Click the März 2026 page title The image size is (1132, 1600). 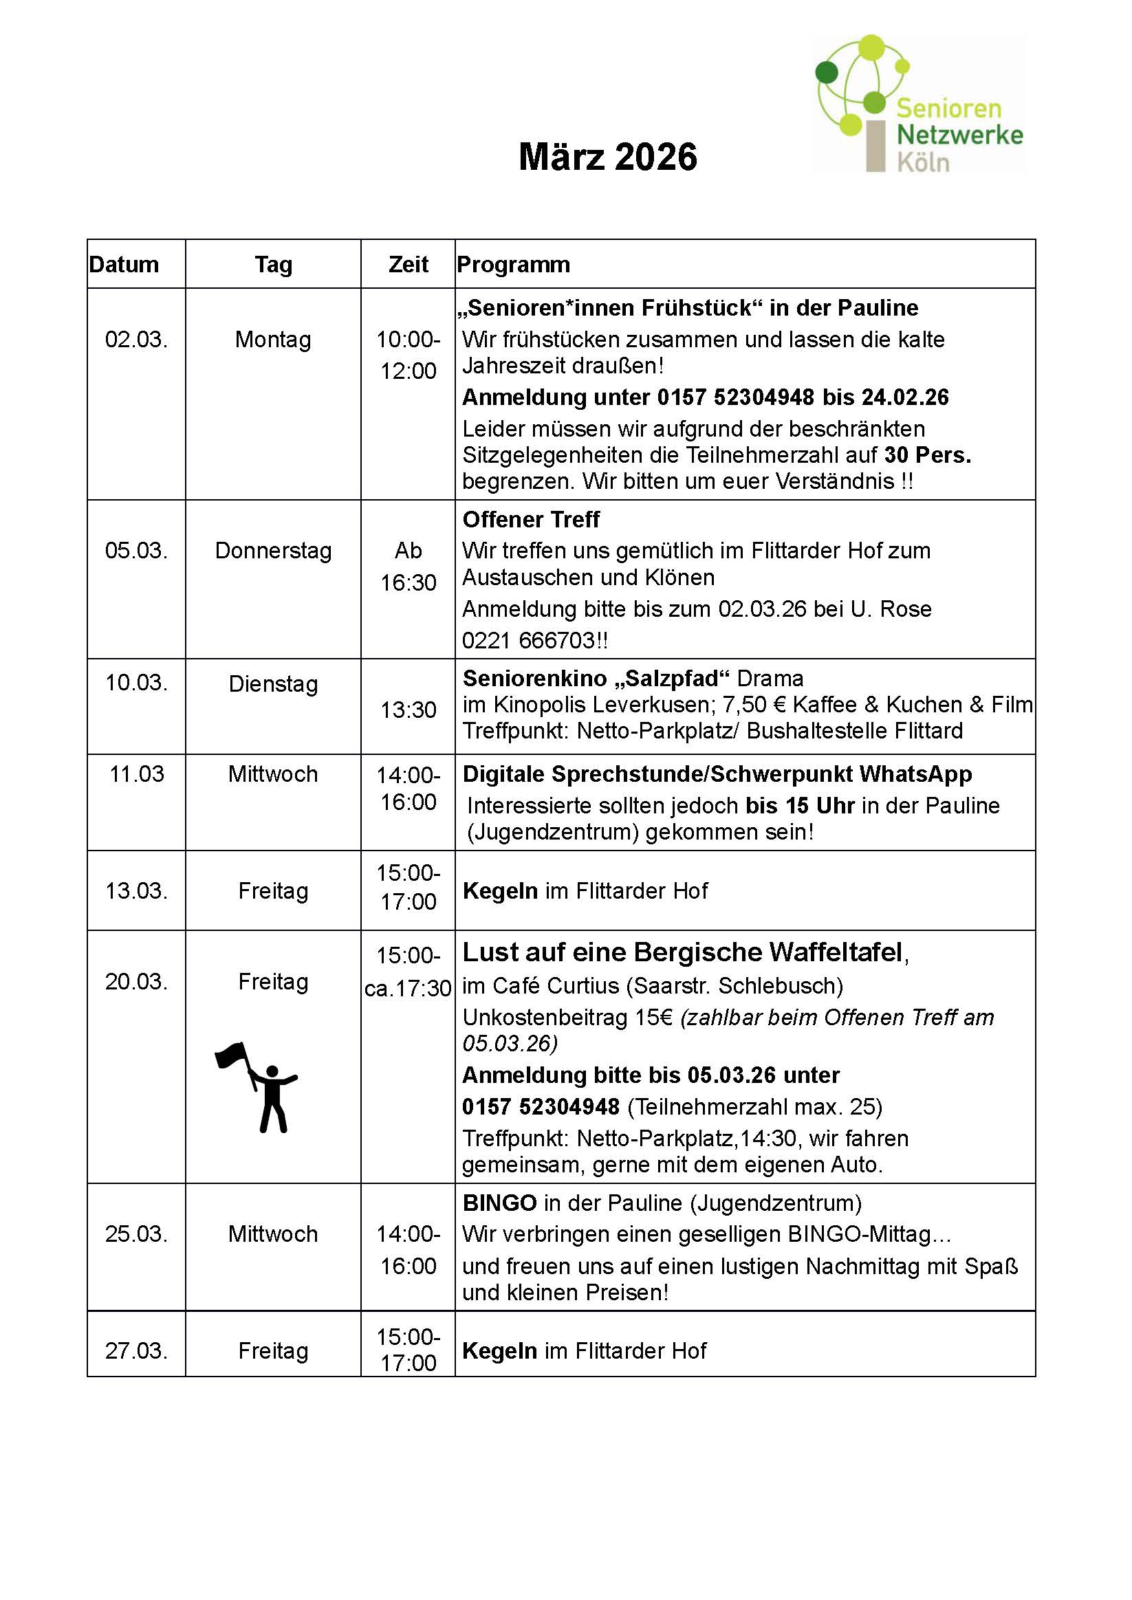(x=608, y=157)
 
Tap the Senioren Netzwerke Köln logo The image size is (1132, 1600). (x=919, y=105)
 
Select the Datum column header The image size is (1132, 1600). (x=124, y=265)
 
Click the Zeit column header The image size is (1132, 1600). (x=408, y=265)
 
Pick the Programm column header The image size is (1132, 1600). (x=514, y=265)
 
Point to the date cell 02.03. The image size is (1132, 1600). (x=137, y=340)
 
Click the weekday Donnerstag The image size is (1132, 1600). (x=273, y=551)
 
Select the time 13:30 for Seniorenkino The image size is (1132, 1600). (x=408, y=710)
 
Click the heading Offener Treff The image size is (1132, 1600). (x=531, y=519)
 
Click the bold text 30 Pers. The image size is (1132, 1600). (x=928, y=455)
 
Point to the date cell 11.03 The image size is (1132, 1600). (x=137, y=774)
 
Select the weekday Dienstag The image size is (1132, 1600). (x=273, y=683)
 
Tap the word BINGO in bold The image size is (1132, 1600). (x=499, y=1203)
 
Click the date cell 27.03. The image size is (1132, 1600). (x=137, y=1350)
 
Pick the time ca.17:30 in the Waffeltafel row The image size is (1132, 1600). (x=408, y=988)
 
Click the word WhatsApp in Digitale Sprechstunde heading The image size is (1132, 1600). (x=915, y=774)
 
